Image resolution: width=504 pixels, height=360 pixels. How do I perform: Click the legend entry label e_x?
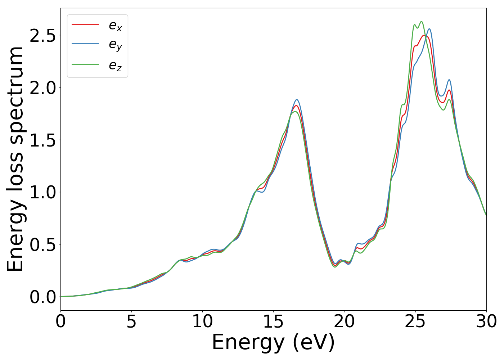[115, 26]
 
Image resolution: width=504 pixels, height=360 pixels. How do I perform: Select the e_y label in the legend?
[115, 45]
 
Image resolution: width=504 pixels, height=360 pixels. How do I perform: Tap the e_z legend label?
[115, 66]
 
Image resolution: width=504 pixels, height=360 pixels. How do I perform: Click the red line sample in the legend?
[85, 24]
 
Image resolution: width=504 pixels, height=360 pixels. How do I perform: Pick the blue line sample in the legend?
[85, 44]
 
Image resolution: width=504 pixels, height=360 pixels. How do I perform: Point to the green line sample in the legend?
[85, 64]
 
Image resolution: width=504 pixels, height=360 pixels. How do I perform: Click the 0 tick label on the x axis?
[60, 321]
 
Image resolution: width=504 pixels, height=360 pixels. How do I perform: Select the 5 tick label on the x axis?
[131, 321]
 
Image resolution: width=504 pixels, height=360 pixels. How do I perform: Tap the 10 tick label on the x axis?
[202, 321]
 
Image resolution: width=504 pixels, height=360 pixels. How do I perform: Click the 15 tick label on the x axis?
[273, 321]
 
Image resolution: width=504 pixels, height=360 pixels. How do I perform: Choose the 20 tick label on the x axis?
[345, 321]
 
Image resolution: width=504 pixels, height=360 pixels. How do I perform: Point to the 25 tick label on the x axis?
[415, 321]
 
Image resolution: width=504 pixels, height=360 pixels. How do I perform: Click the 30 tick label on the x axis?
[486, 321]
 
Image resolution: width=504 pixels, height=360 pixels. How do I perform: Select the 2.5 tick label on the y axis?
[42, 36]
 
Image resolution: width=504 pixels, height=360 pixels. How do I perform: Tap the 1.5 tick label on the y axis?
[42, 140]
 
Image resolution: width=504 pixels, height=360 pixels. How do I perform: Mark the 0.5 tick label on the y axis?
[42, 244]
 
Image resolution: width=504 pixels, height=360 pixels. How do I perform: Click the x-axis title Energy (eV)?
[273, 342]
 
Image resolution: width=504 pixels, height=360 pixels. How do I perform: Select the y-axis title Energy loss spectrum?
[15, 159]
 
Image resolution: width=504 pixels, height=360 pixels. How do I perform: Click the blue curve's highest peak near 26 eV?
[429, 29]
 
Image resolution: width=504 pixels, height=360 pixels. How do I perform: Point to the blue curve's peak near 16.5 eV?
[297, 100]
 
